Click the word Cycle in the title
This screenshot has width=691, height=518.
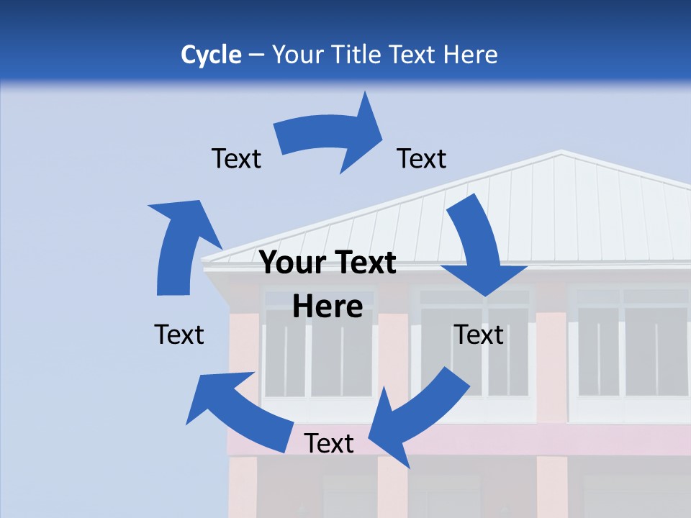[x=211, y=55]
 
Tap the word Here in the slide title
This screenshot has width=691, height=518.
[x=471, y=55]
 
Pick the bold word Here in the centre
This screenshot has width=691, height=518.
[x=328, y=307]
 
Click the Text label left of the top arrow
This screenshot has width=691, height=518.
[x=236, y=159]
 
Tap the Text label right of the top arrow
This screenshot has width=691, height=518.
[x=422, y=159]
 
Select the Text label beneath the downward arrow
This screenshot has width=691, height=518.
[x=479, y=335]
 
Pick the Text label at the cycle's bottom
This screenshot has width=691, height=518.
[x=328, y=444]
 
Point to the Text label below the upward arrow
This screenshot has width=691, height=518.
[x=179, y=335]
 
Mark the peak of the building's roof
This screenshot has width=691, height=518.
[x=561, y=152]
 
